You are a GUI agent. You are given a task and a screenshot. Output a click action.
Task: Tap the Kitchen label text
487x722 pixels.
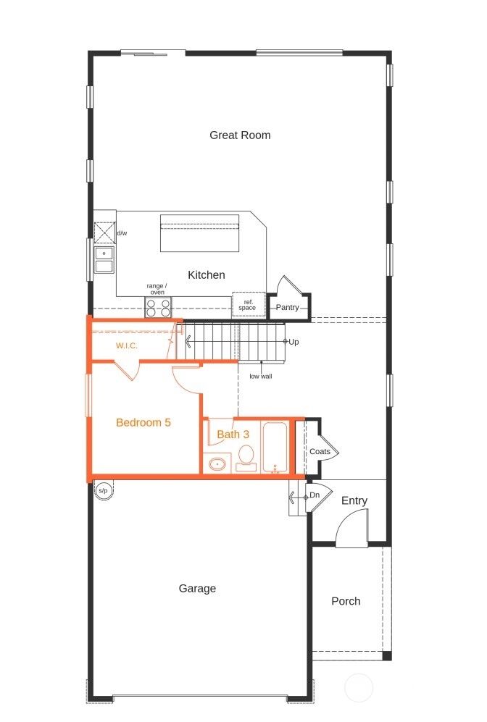tap(207, 275)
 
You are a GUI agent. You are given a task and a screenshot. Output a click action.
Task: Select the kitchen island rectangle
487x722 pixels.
tap(200, 232)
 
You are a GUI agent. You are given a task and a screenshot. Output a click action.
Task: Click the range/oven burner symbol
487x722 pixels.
tap(158, 308)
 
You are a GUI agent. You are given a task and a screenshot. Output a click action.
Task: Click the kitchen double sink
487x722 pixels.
tap(104, 259)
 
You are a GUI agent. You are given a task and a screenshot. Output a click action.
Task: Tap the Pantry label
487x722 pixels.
tap(288, 308)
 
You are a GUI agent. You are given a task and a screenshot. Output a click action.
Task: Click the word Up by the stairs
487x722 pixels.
tap(294, 342)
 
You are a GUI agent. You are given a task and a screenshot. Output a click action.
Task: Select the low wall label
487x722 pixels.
tap(260, 377)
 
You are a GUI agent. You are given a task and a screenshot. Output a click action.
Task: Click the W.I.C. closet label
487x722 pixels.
tap(127, 346)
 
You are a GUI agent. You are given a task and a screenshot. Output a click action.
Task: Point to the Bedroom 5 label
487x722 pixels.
tap(143, 422)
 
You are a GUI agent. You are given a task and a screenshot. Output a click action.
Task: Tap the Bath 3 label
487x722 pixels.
tap(233, 435)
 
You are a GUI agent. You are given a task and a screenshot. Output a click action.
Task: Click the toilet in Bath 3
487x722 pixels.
tap(246, 457)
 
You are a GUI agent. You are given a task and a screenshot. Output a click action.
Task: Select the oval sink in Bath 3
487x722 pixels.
tap(217, 463)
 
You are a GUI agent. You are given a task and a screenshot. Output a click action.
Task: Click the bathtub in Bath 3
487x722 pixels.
tap(275, 448)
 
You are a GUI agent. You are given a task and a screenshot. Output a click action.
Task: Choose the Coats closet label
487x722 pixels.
tap(320, 452)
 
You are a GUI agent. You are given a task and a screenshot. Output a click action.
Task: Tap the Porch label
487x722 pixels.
tap(346, 601)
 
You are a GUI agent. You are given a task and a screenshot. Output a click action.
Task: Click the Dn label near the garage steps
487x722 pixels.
tap(315, 495)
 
